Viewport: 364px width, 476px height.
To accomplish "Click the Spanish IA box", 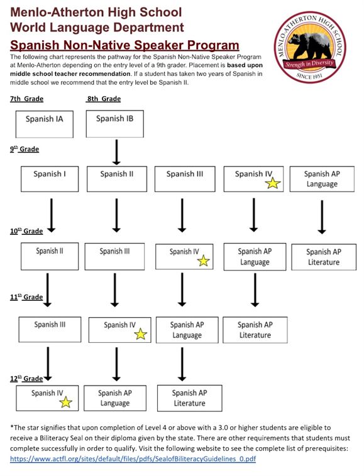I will (x=44, y=124).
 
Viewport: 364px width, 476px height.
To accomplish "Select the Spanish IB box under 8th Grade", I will (x=114, y=124).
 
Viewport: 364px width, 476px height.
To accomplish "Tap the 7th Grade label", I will (x=27, y=99).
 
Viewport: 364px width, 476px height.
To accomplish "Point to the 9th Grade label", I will (x=25, y=149).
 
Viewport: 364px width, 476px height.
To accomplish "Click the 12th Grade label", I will (x=26, y=378).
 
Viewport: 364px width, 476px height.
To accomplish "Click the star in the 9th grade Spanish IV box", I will (x=272, y=183).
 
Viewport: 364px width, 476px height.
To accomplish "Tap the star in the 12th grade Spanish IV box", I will (x=65, y=403).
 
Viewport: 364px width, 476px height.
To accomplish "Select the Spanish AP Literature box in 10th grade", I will (x=323, y=257).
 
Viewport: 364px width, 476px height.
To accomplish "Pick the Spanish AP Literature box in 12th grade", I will (x=189, y=398).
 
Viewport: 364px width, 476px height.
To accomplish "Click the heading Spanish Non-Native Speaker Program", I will (x=124, y=45).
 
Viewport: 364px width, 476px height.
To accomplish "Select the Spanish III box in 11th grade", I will (x=50, y=330).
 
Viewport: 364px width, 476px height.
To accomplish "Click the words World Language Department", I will (x=97, y=28).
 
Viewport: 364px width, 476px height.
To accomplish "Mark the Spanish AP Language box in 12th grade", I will (x=115, y=398).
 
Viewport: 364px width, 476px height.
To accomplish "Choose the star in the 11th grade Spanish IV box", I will (x=140, y=334).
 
